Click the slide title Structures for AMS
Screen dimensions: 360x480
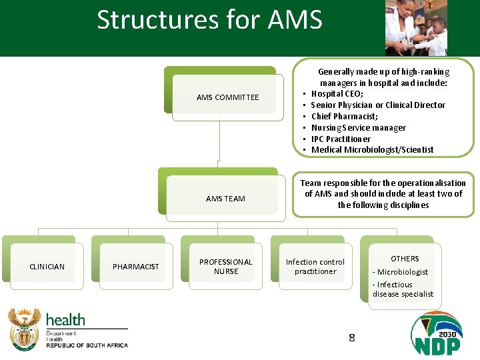pyautogui.click(x=209, y=20)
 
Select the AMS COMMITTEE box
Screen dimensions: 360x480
pyautogui.click(x=227, y=97)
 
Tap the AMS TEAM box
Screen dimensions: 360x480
pyautogui.click(x=225, y=198)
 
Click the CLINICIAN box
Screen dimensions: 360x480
pyautogui.click(x=47, y=267)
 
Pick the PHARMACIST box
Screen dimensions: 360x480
pyautogui.click(x=136, y=267)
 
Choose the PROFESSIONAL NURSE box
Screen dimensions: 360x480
pyautogui.click(x=225, y=267)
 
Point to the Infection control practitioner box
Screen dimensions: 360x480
pyautogui.click(x=315, y=267)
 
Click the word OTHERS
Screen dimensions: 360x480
pyautogui.click(x=405, y=259)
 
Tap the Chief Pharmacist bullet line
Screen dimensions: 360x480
pyautogui.click(x=344, y=117)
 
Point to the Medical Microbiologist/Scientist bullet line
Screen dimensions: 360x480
pyautogui.click(x=372, y=150)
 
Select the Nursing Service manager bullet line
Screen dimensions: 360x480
pyautogui.click(x=358, y=128)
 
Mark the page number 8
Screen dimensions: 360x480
pyautogui.click(x=351, y=338)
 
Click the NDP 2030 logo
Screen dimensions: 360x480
pyautogui.click(x=436, y=333)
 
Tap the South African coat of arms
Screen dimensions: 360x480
pyautogui.click(x=25, y=329)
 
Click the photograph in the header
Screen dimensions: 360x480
pyautogui.click(x=416, y=28)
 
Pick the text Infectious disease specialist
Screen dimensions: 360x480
pyautogui.click(x=403, y=289)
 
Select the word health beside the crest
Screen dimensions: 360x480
pyautogui.click(x=65, y=320)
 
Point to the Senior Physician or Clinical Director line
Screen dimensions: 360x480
pyautogui.click(x=378, y=105)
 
